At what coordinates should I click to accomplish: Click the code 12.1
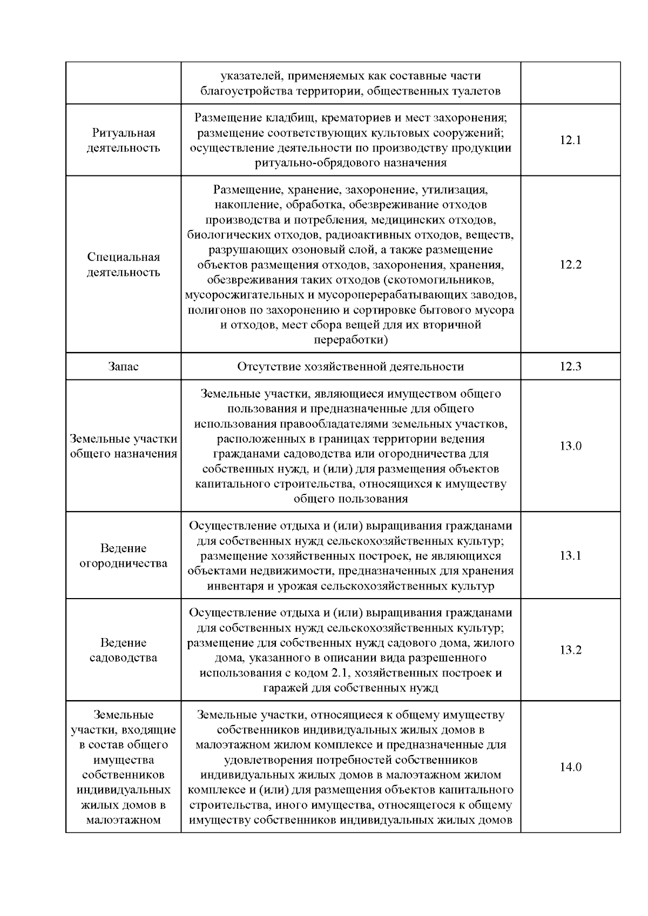[570, 140]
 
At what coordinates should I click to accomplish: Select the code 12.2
[570, 265]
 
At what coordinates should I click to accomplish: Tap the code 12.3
[570, 367]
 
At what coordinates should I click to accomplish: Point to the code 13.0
[570, 446]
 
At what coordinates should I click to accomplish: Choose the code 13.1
[570, 555]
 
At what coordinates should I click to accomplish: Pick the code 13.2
[570, 650]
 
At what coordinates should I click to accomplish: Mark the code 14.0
[570, 767]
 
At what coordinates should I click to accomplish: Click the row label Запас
[123, 367]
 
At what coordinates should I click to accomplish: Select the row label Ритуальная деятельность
[123, 140]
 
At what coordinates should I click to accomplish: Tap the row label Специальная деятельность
[123, 264]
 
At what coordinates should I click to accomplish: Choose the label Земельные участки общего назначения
[123, 446]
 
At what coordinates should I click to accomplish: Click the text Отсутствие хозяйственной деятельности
[350, 367]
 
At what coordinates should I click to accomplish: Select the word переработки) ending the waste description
[350, 340]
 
